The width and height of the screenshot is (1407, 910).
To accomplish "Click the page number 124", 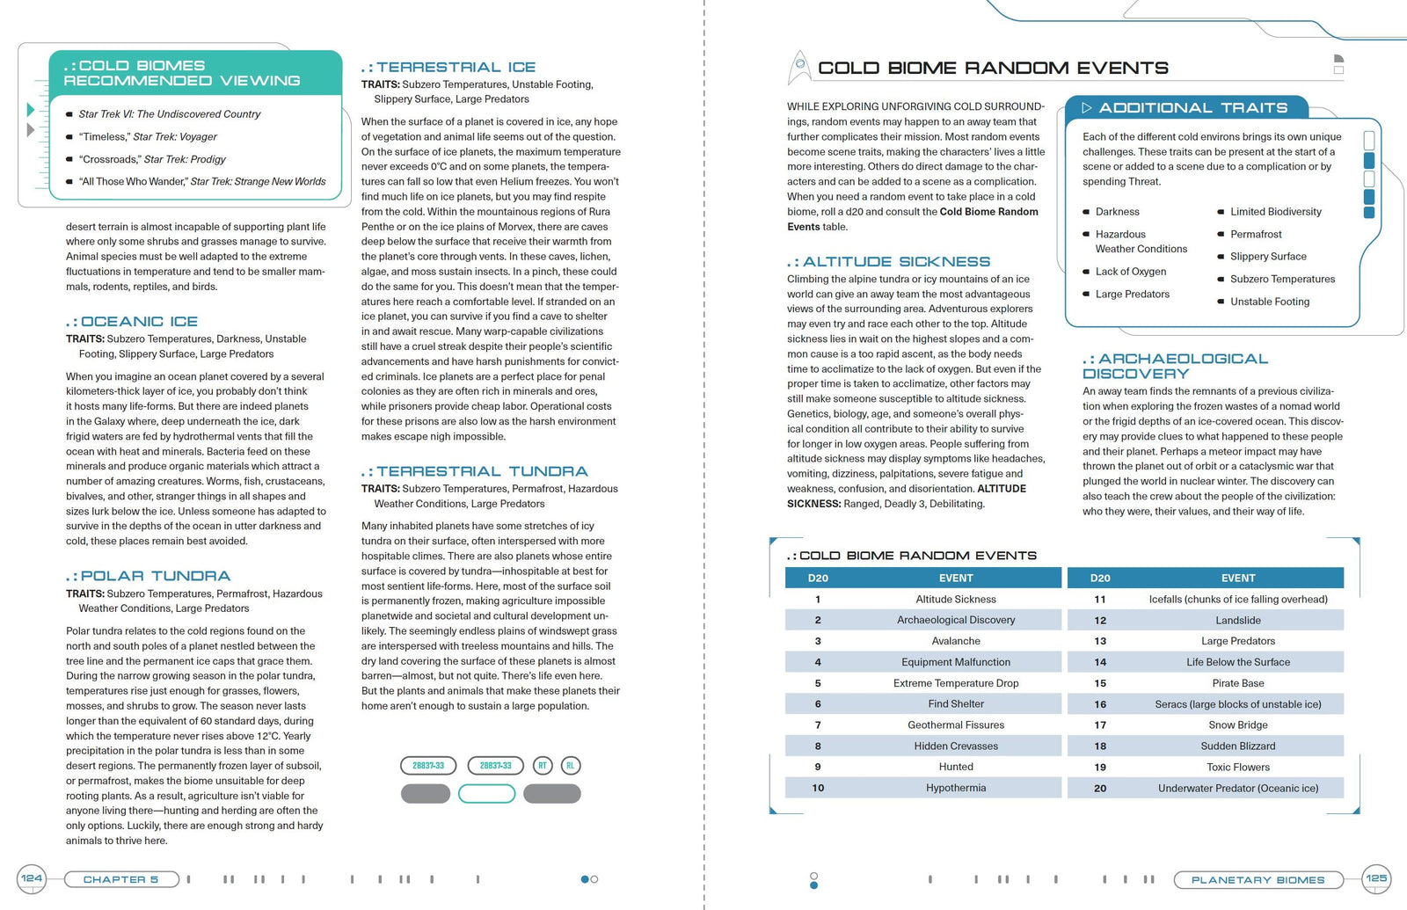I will tap(32, 878).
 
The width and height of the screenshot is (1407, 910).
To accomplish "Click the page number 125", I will tap(1376, 878).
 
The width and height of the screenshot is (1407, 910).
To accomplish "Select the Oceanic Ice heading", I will tap(139, 322).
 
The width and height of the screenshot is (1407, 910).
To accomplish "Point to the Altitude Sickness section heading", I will tap(896, 262).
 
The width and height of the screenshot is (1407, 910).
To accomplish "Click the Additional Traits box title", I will tap(1192, 108).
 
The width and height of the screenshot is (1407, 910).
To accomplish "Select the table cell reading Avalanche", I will tap(956, 641).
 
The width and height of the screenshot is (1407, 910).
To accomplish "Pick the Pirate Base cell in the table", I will tap(1238, 683).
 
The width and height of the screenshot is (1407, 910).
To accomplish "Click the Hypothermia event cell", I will tap(956, 788).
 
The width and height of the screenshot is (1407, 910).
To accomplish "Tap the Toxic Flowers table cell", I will tap(1238, 767).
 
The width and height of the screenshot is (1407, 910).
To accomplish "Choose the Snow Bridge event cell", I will tap(1238, 725).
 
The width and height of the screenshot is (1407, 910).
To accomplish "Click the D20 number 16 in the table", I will tap(1100, 704).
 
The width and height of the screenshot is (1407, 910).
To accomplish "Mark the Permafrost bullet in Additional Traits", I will tap(1256, 235).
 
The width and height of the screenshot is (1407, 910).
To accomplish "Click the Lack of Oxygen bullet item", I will tap(1131, 272).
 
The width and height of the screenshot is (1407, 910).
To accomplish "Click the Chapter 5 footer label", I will tap(120, 879).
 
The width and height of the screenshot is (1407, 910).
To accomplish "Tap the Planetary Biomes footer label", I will tap(1258, 880).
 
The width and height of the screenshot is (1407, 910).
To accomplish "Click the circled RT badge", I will tap(543, 766).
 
